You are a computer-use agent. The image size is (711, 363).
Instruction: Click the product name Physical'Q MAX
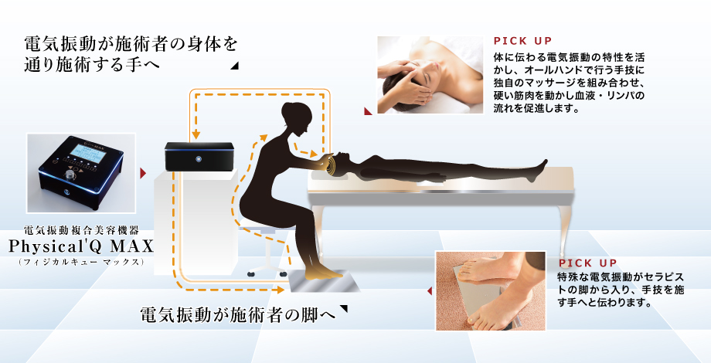[80, 246]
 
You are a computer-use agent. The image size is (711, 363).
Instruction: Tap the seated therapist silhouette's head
[296, 116]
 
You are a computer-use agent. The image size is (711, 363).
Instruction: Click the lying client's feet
[539, 168]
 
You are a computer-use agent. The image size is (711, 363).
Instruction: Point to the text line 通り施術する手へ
[93, 65]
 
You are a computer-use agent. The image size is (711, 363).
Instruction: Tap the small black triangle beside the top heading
[234, 68]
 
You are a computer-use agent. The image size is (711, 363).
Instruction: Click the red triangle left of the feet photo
[429, 292]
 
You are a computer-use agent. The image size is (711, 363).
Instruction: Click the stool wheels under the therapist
[267, 273]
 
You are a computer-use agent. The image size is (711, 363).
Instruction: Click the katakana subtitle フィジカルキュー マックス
[80, 263]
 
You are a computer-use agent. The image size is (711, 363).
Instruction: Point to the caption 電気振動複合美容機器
[80, 229]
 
